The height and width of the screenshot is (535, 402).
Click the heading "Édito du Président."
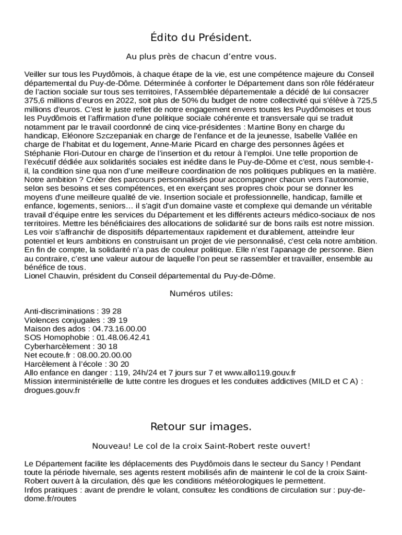point(201,38)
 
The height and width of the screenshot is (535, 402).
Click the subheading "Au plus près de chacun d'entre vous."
point(201,56)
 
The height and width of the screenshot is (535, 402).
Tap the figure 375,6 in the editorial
point(35,101)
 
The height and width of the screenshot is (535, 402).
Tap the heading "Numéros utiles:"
point(201,294)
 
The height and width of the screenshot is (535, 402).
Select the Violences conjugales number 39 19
point(117,320)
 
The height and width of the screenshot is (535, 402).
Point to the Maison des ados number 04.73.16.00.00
point(120,329)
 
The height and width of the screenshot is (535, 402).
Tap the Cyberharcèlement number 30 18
point(107,346)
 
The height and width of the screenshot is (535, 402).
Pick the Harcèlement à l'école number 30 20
point(119,364)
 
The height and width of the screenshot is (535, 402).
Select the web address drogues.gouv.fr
point(52,390)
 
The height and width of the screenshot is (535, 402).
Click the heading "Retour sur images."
point(201,427)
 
